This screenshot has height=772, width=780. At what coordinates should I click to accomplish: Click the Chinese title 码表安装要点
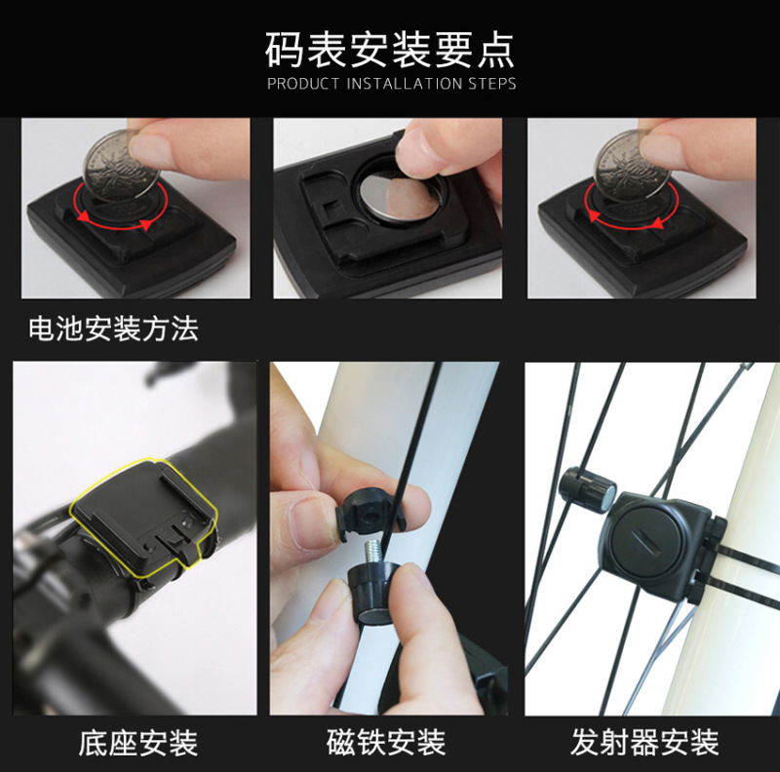click(x=389, y=50)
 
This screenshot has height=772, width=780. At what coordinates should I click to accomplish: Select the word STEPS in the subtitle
click(x=491, y=84)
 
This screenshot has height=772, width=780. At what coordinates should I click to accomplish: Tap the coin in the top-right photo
click(x=633, y=165)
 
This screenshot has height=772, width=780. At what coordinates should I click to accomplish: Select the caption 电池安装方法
click(x=113, y=328)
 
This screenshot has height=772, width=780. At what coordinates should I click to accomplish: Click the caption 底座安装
click(x=137, y=743)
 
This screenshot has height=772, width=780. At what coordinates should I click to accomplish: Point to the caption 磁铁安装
click(x=386, y=743)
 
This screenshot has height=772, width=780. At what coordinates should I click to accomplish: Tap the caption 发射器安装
click(x=644, y=743)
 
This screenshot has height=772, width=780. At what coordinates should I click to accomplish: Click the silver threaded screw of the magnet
click(x=373, y=552)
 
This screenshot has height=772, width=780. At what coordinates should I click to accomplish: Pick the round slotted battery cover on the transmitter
click(x=645, y=546)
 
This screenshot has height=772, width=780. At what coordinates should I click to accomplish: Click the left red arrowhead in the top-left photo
click(x=83, y=216)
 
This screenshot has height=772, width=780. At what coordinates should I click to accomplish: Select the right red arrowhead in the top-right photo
click(x=657, y=223)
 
